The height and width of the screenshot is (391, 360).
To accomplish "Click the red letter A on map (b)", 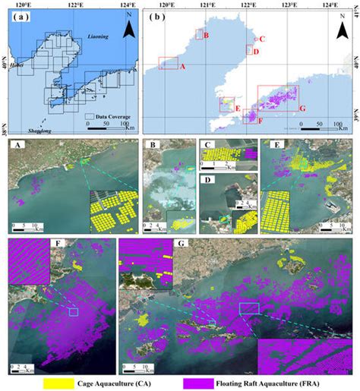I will click(x=181, y=66).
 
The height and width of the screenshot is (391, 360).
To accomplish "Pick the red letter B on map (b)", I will click(x=207, y=35).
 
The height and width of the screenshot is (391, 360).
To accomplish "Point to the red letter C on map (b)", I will click(x=261, y=39).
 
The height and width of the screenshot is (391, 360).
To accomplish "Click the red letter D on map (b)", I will click(x=256, y=52).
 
